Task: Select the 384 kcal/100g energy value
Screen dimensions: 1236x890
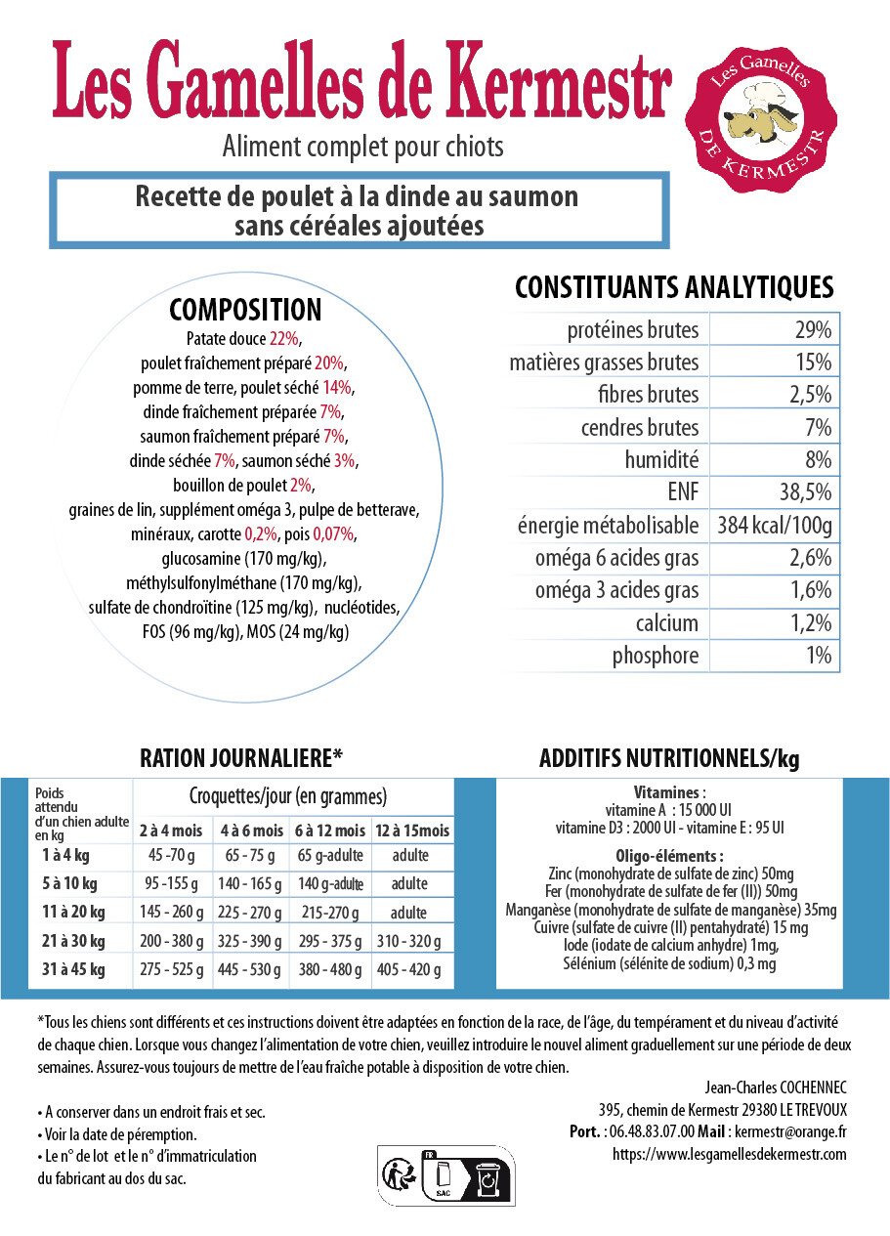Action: [x=774, y=526]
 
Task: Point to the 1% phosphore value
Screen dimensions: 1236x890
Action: [x=819, y=656]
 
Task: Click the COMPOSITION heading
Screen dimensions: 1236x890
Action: [x=245, y=310]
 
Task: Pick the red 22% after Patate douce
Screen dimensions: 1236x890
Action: [x=285, y=339]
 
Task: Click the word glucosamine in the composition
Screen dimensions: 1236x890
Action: [x=203, y=559]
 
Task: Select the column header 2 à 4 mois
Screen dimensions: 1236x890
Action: [x=171, y=831]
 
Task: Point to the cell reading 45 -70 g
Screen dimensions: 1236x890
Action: [x=171, y=856]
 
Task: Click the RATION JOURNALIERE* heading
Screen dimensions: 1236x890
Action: [x=242, y=758]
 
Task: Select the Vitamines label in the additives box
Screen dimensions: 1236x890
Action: [x=667, y=793]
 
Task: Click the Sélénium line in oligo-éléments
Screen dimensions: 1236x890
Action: [x=669, y=964]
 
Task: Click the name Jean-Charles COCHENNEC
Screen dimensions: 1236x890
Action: [x=775, y=1087]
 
